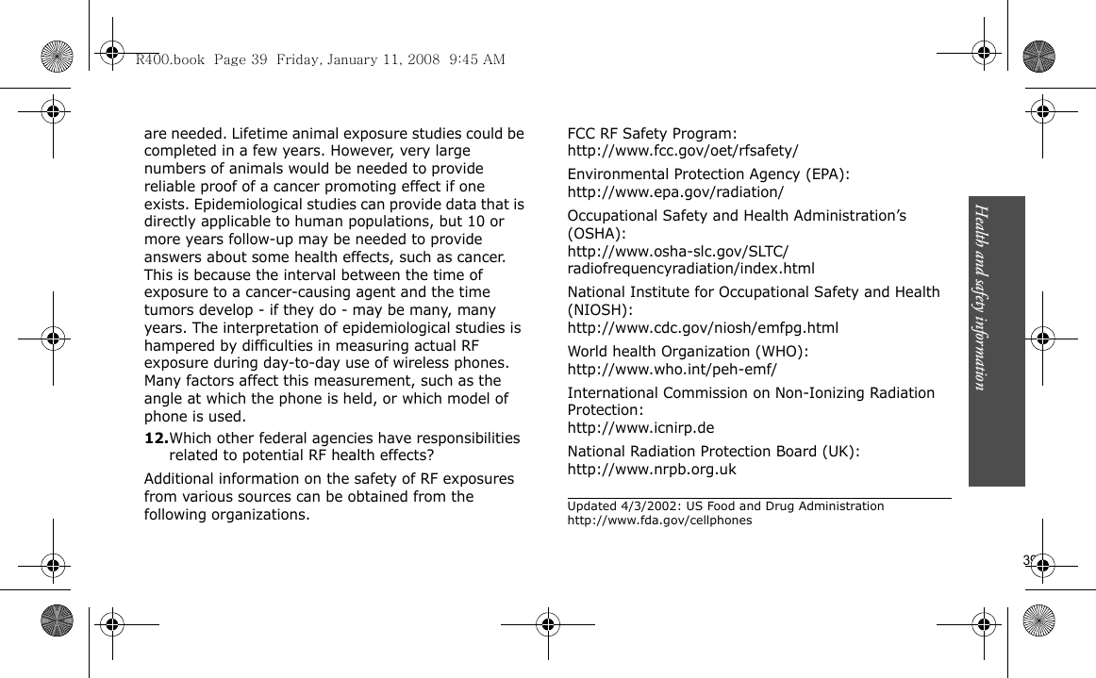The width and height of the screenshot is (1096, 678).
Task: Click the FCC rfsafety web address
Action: [x=683, y=151]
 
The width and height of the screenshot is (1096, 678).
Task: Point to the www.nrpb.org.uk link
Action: [x=652, y=470]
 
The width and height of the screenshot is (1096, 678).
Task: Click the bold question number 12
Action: [x=156, y=438]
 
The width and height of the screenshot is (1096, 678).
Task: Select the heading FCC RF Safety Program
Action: [x=652, y=134]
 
